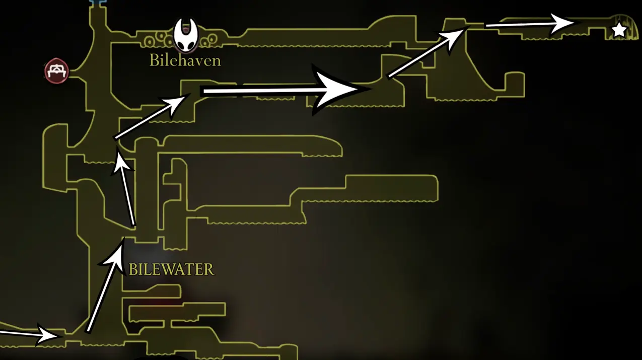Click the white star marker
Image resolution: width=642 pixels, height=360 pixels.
(x=619, y=30)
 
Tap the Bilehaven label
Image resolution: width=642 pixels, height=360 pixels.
(x=185, y=60)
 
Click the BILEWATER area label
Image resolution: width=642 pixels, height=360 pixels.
(x=171, y=269)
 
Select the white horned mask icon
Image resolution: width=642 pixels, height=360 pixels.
(x=186, y=34)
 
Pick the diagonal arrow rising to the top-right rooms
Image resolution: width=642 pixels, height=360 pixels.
(x=429, y=51)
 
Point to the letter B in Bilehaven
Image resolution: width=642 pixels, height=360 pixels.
(x=154, y=60)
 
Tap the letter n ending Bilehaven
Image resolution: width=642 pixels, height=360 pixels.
(x=217, y=62)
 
